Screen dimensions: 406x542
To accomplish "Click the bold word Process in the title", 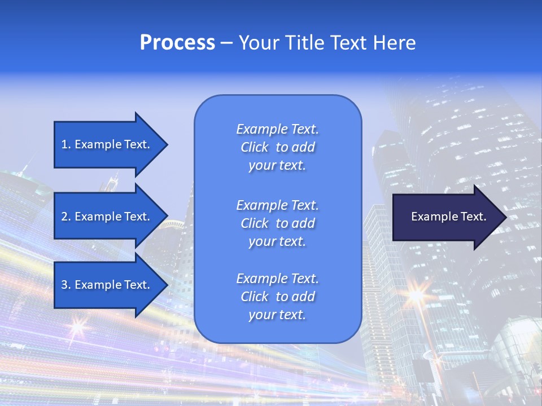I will point(177,43).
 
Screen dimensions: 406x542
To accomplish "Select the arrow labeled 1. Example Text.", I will point(107,144).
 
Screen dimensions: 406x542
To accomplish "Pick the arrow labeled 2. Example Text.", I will point(107,217).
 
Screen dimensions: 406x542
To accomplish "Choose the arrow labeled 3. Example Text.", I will point(107,285).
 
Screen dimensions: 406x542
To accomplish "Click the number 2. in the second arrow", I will point(66,217).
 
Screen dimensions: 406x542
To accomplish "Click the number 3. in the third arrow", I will point(66,285).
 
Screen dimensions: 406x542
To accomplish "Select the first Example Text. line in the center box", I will point(277,129).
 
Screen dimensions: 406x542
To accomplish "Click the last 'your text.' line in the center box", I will point(277,315).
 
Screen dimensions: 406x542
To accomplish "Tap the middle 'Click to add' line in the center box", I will point(277,223).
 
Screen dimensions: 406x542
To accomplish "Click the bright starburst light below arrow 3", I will point(77,325).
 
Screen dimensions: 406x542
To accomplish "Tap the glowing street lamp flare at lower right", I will point(416,295).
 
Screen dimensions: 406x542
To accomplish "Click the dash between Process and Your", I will point(227,43).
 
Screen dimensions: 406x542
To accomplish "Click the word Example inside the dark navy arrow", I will point(430,217).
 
